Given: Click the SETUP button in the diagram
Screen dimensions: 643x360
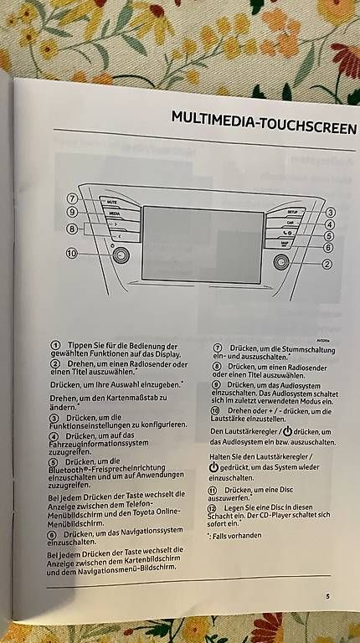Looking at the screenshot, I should [x=290, y=213].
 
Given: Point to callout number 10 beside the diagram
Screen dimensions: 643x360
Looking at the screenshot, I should [x=73, y=253].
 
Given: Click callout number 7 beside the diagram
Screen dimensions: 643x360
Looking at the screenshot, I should [x=74, y=199].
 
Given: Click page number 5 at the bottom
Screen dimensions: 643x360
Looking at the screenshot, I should [x=327, y=596].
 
